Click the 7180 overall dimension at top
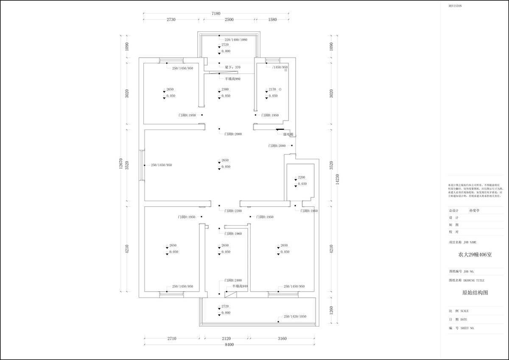click(216, 13)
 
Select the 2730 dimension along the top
click(171, 20)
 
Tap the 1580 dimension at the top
click(272, 20)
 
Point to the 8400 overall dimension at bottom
click(229, 344)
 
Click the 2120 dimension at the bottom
click(226, 338)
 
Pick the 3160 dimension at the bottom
click(282, 338)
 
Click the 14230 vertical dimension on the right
click(338, 178)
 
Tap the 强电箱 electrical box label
click(288, 134)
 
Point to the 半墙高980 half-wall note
click(233, 79)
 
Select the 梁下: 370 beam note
click(232, 67)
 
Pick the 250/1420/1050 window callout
click(295, 317)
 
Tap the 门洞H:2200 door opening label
click(233, 211)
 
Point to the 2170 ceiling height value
click(272, 90)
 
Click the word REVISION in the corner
click(455, 6)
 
